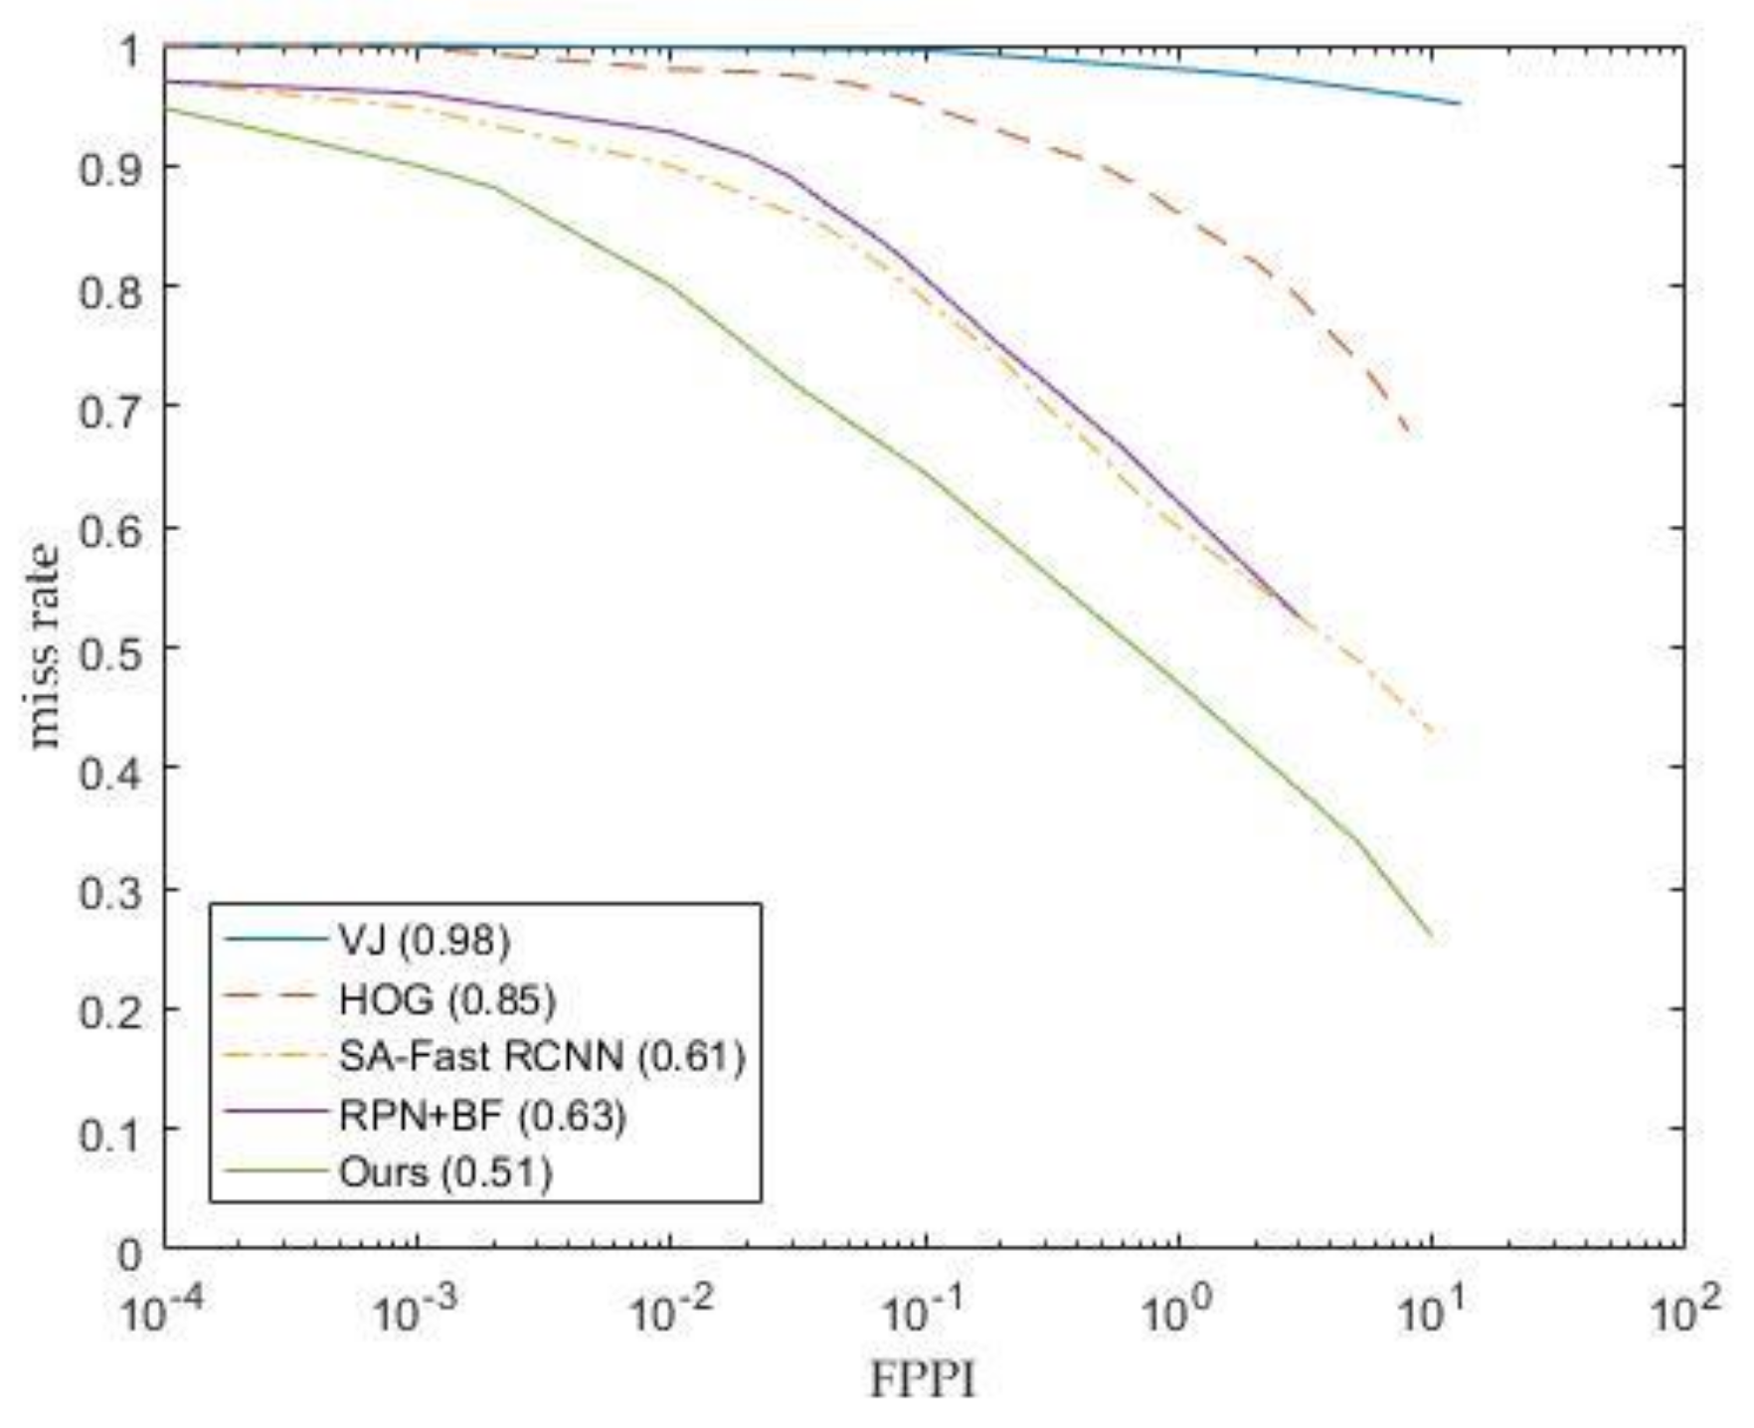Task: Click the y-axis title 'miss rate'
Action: (x=45, y=646)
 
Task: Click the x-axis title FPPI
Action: (x=923, y=1380)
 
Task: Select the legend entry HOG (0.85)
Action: (x=446, y=998)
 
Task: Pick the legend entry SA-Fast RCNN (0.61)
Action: (x=541, y=1056)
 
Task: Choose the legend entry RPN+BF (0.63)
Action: (x=482, y=1115)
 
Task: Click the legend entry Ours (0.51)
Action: (x=444, y=1172)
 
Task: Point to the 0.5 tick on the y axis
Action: (x=110, y=647)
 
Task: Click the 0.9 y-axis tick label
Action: (x=110, y=167)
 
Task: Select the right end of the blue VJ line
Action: (x=1459, y=102)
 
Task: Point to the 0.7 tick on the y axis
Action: (x=110, y=407)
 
